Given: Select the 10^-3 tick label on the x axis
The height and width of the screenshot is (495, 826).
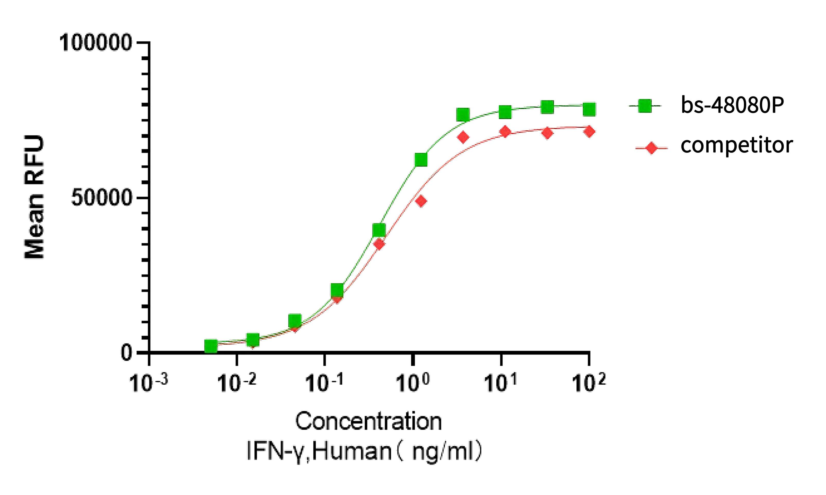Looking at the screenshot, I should click(148, 383).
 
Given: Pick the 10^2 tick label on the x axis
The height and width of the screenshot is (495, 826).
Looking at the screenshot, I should click(588, 383).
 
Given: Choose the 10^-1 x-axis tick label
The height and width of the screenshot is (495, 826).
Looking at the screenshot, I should click(324, 383).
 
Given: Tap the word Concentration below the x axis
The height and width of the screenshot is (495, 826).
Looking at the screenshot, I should click(368, 421).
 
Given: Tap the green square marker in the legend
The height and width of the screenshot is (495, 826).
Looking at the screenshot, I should click(645, 106).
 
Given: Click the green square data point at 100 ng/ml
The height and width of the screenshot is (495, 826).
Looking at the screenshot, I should click(590, 109).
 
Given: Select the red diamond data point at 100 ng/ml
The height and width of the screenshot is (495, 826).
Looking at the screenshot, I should click(590, 131).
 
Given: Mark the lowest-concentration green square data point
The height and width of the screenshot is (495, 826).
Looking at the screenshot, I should click(211, 346).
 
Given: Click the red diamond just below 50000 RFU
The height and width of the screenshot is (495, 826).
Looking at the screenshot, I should click(421, 201).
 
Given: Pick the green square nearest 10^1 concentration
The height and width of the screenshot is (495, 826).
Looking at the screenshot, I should click(505, 112).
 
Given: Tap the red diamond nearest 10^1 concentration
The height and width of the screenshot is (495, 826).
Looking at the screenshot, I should click(505, 132).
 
